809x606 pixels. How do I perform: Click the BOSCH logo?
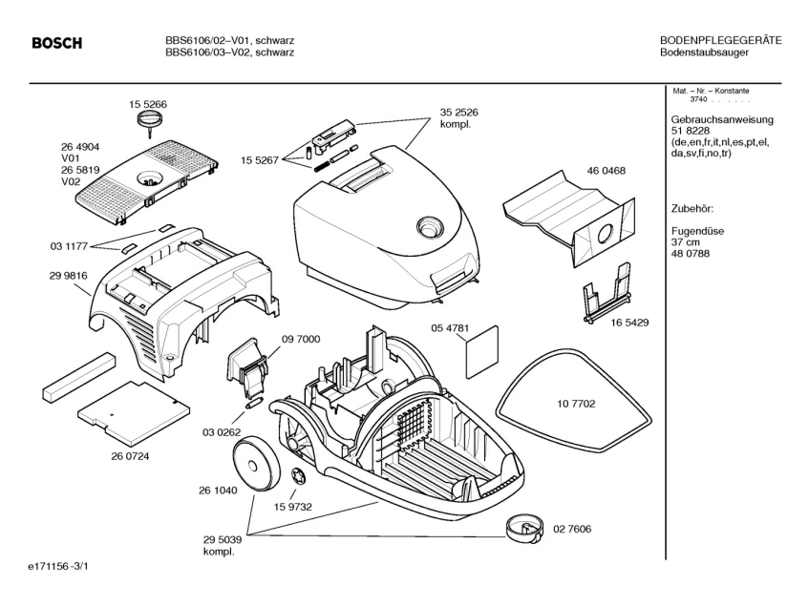(57, 43)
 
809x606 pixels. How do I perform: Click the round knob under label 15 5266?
(148, 119)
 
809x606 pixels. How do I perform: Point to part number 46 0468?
(606, 171)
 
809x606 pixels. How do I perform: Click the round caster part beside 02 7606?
(523, 526)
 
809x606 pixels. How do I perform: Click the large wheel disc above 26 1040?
(258, 462)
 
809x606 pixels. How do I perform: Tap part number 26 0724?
(130, 456)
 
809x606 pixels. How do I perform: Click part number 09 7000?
(301, 339)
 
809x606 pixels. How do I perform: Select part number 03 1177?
(69, 246)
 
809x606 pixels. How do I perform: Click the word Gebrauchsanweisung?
(722, 119)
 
